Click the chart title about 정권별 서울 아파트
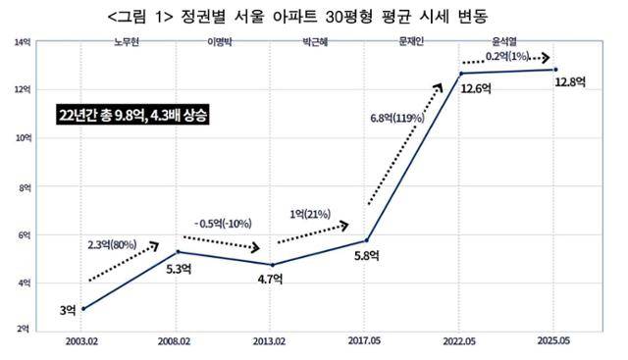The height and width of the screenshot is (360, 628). tap(313, 17)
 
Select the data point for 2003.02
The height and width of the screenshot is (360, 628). tap(83, 308)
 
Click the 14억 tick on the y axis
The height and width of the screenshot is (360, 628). tap(21, 42)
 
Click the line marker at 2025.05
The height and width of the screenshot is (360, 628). tap(556, 70)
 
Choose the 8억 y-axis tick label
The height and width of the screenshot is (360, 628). tap(21, 186)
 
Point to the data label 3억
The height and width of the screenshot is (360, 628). tap(68, 310)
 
